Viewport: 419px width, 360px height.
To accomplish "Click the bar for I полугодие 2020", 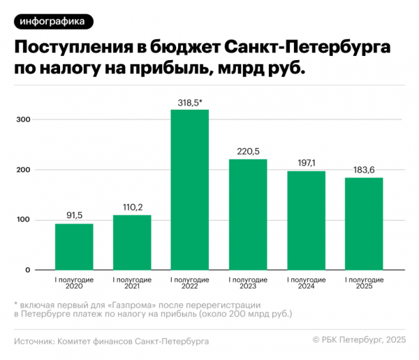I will click(74, 246).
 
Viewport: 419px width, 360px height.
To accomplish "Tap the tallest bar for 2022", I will click(190, 189).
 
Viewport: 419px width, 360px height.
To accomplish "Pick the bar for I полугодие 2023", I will click(248, 214).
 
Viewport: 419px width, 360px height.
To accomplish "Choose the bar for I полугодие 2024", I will click(306, 220).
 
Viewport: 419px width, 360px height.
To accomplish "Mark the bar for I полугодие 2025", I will click(364, 224).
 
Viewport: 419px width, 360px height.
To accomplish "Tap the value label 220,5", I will click(248, 152).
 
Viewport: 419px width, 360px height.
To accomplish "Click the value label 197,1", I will click(306, 163).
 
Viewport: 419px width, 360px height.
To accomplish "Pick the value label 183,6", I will click(364, 170).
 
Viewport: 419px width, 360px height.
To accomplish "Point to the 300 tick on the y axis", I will click(25, 120).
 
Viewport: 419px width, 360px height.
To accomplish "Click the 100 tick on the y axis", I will click(25, 220).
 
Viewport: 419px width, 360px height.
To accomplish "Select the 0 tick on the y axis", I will click(29, 270).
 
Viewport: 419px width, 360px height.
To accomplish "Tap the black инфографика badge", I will click(53, 21).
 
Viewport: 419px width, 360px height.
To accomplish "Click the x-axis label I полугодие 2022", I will click(190, 283).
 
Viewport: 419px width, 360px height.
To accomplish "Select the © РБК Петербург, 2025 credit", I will click(359, 340).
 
